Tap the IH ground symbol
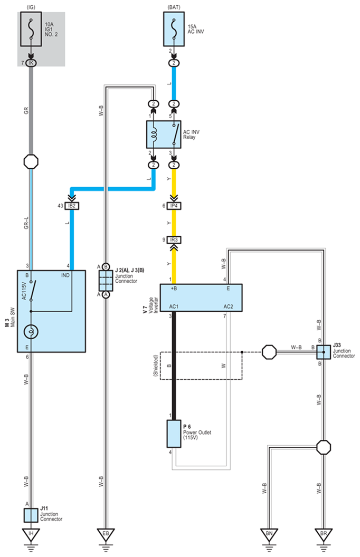(x=31, y=534)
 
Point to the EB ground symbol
(x=106, y=534)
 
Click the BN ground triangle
(x=269, y=534)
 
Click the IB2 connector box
(x=71, y=206)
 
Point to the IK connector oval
(x=31, y=63)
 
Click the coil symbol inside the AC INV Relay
(x=154, y=134)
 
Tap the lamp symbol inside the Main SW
(x=31, y=332)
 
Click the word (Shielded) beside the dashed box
(x=155, y=365)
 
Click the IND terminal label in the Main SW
(x=65, y=275)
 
